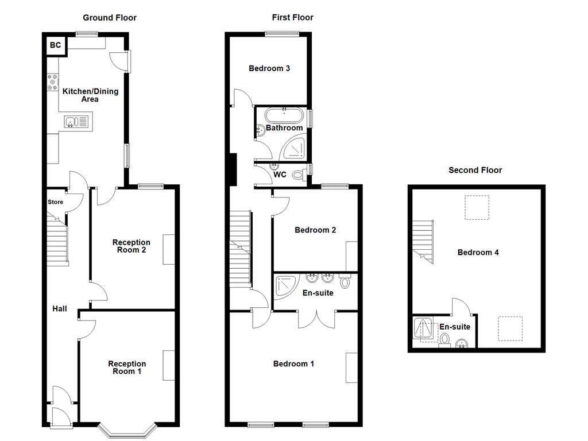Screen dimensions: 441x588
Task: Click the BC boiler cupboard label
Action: [x=56, y=45]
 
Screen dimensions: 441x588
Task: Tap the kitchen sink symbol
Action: [x=76, y=122]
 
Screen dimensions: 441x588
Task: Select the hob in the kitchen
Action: [x=53, y=83]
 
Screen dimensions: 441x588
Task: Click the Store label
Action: [x=55, y=202]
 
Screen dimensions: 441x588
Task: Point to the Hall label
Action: [x=60, y=309]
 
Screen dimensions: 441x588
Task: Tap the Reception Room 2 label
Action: [x=131, y=246]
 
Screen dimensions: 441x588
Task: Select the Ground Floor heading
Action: [x=110, y=18]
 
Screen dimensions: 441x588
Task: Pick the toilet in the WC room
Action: [x=299, y=175]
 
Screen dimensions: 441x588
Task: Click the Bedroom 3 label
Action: [x=269, y=68]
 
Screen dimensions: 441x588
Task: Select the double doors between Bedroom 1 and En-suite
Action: [x=316, y=319]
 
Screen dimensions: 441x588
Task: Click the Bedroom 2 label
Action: [x=315, y=230]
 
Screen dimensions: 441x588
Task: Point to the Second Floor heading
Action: [x=475, y=170]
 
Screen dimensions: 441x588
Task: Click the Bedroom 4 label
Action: [x=478, y=253]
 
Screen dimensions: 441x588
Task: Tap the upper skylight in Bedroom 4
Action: [x=477, y=208]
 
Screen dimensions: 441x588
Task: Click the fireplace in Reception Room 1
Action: [x=169, y=365]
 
